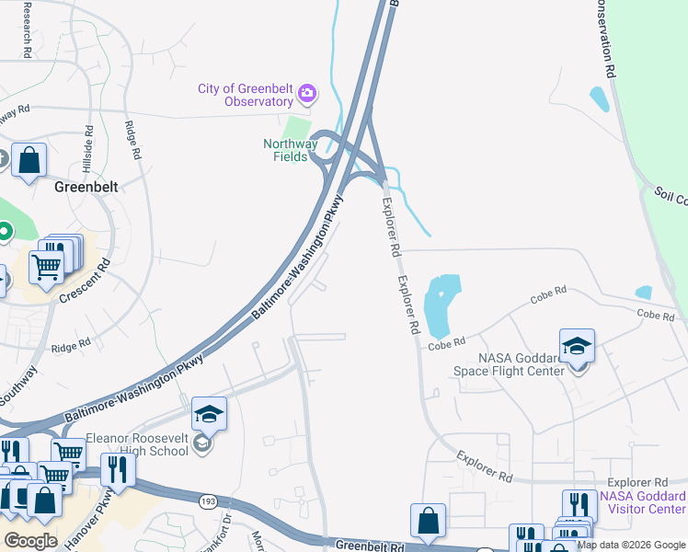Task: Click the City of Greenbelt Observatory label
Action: (246, 95)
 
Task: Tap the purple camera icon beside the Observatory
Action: (307, 93)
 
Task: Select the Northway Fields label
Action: (291, 150)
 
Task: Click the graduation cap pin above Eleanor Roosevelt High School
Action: (210, 415)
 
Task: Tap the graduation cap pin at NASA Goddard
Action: (577, 347)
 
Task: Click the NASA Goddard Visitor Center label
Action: (642, 502)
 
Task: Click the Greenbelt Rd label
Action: (367, 546)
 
